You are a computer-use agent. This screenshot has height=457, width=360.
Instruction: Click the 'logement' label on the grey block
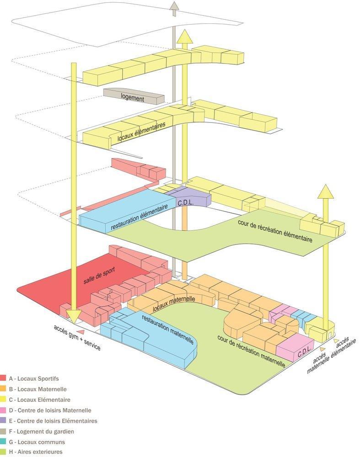[x=133, y=97]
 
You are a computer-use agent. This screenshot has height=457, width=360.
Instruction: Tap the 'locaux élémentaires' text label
[x=141, y=132]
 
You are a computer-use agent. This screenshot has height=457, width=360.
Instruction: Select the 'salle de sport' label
[x=99, y=276]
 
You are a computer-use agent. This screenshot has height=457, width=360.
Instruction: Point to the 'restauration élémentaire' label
[x=140, y=217]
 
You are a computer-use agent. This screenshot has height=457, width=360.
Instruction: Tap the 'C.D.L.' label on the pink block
[x=304, y=353]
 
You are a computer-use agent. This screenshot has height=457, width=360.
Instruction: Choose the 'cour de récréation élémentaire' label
[x=275, y=231]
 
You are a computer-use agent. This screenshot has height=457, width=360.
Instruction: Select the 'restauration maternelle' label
[x=168, y=329]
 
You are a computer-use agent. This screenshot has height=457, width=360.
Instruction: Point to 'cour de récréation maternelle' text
[x=251, y=351]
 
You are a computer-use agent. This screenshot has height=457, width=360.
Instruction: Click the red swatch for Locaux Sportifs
[x=3, y=378]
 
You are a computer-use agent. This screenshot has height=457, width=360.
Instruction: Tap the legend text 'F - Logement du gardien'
[x=42, y=431]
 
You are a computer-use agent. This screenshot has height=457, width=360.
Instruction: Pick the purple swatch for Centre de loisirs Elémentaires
[x=3, y=420]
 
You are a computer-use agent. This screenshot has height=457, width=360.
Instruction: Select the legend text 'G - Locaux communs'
[x=37, y=442]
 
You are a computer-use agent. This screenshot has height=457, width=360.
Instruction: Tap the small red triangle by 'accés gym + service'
[x=82, y=331]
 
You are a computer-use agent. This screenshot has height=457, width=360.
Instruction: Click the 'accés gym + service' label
[x=77, y=338]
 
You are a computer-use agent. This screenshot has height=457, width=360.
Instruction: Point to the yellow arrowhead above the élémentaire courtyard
[x=326, y=191]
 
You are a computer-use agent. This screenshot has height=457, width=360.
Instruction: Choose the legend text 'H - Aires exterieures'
[x=36, y=452]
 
